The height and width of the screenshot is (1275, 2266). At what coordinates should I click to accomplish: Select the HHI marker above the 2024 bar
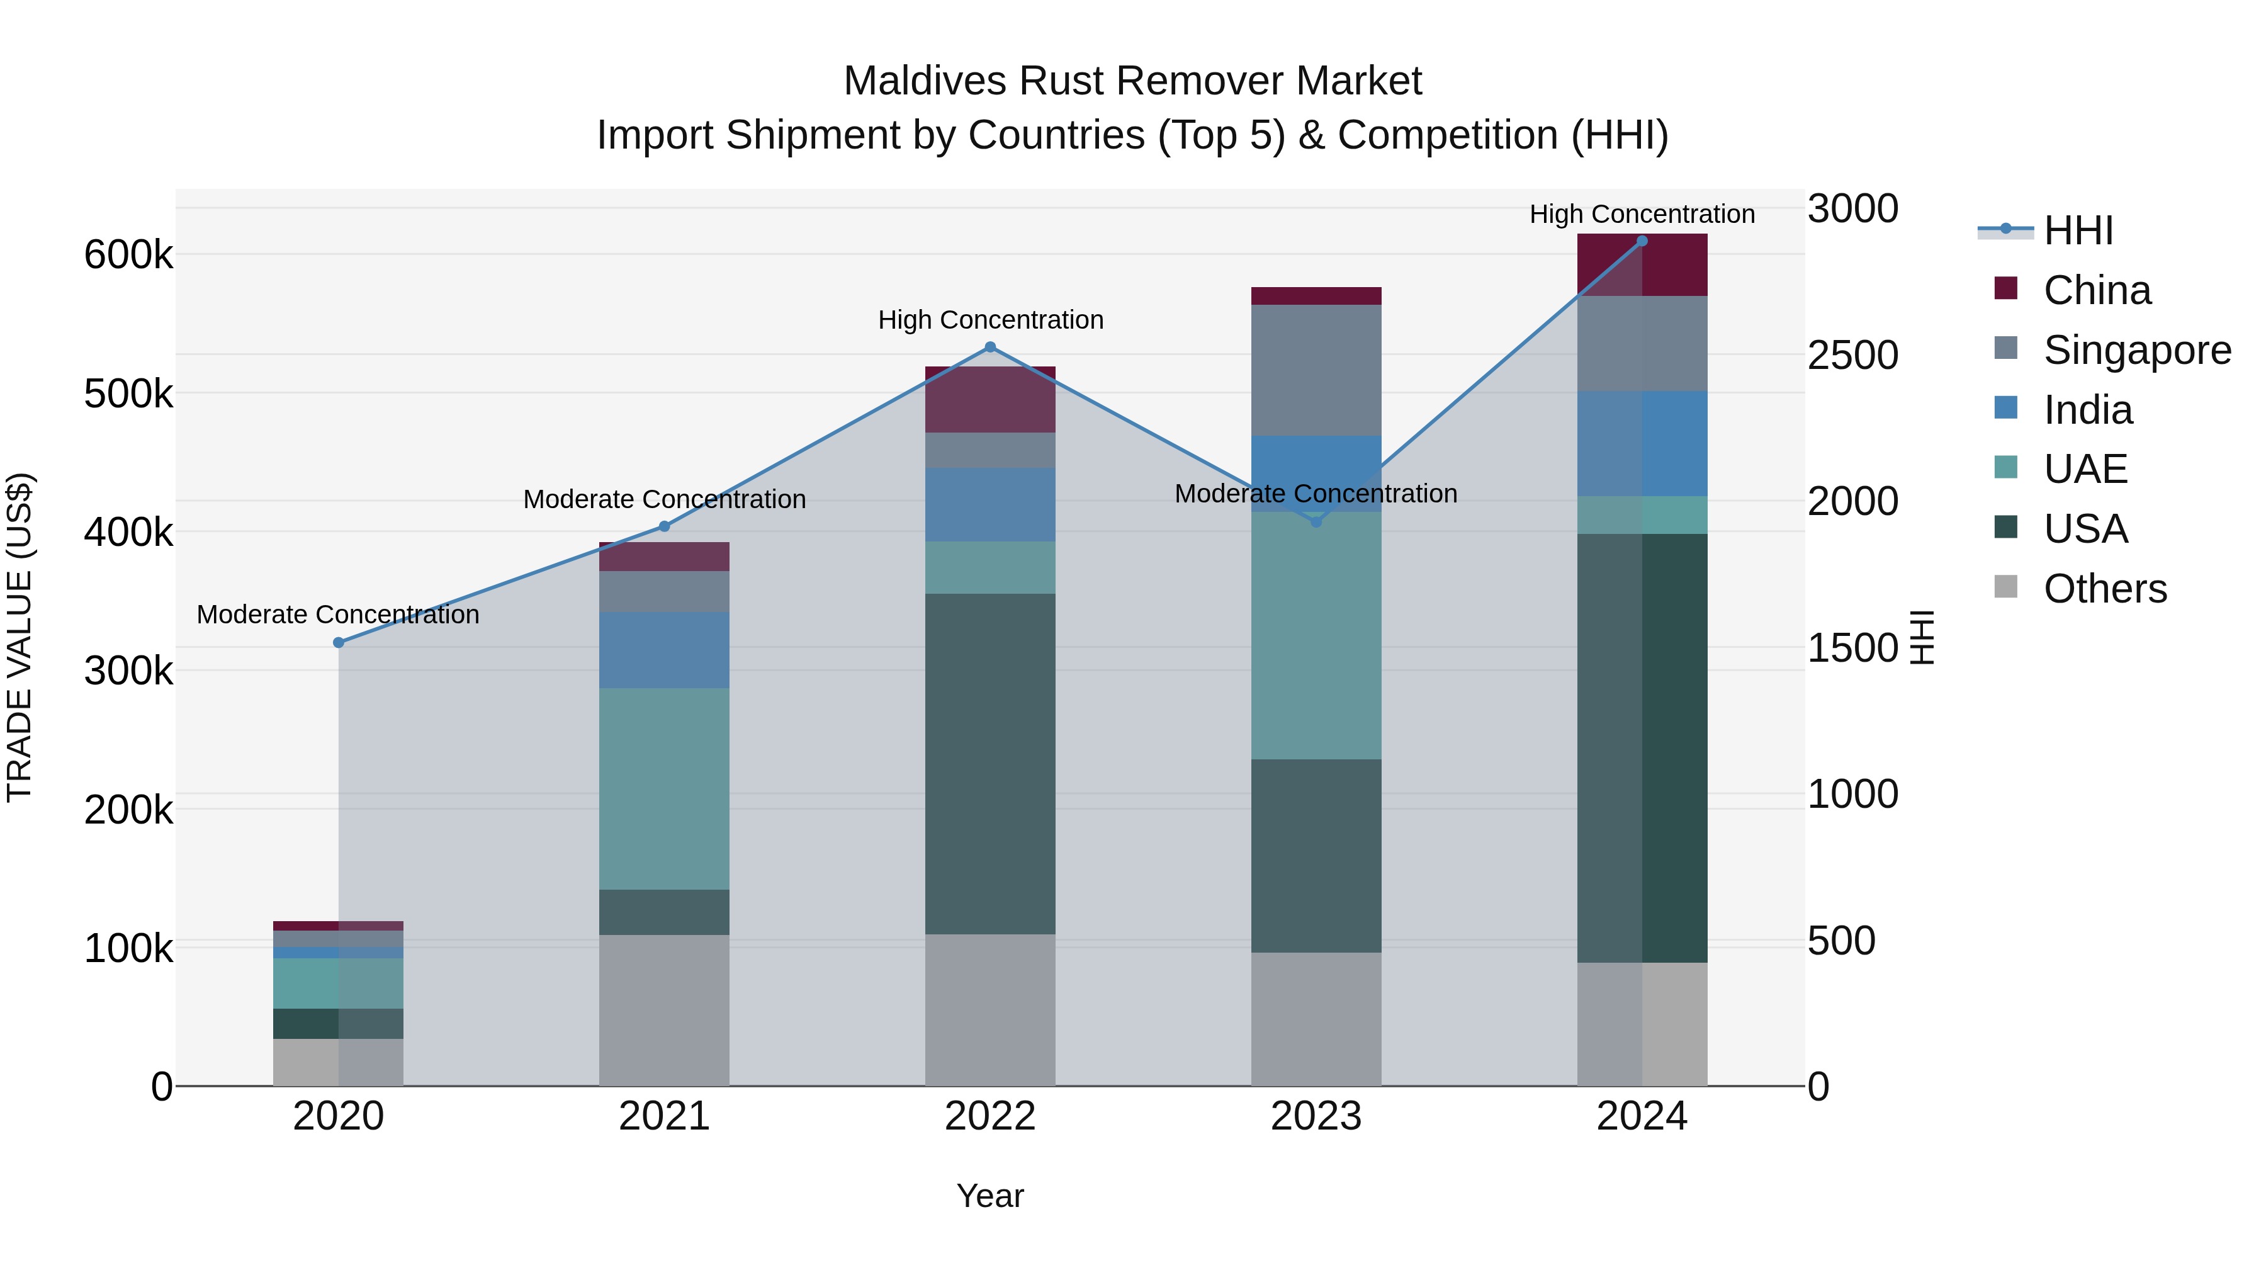1642,241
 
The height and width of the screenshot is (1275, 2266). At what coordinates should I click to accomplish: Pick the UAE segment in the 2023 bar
1316,635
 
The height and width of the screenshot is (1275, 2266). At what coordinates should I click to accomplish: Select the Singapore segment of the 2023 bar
1316,370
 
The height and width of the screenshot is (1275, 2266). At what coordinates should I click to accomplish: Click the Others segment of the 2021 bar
664,1009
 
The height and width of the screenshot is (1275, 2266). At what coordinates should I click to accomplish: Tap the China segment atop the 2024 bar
1642,265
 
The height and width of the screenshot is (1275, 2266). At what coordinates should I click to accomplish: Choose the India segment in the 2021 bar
664,650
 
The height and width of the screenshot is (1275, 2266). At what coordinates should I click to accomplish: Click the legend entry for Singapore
2137,350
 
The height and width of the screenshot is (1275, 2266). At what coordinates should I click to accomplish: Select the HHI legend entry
2078,230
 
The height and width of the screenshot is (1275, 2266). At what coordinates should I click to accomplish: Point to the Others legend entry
2104,589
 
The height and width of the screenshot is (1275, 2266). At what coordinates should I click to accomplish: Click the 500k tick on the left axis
128,394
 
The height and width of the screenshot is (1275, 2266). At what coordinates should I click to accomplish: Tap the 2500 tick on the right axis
1852,356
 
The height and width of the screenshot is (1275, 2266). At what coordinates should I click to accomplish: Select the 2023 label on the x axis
1316,1116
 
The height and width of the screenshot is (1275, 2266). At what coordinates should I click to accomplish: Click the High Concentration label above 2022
991,320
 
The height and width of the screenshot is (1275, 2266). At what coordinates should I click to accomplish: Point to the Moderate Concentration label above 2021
664,500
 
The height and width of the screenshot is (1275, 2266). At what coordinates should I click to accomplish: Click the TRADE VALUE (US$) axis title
20,637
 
